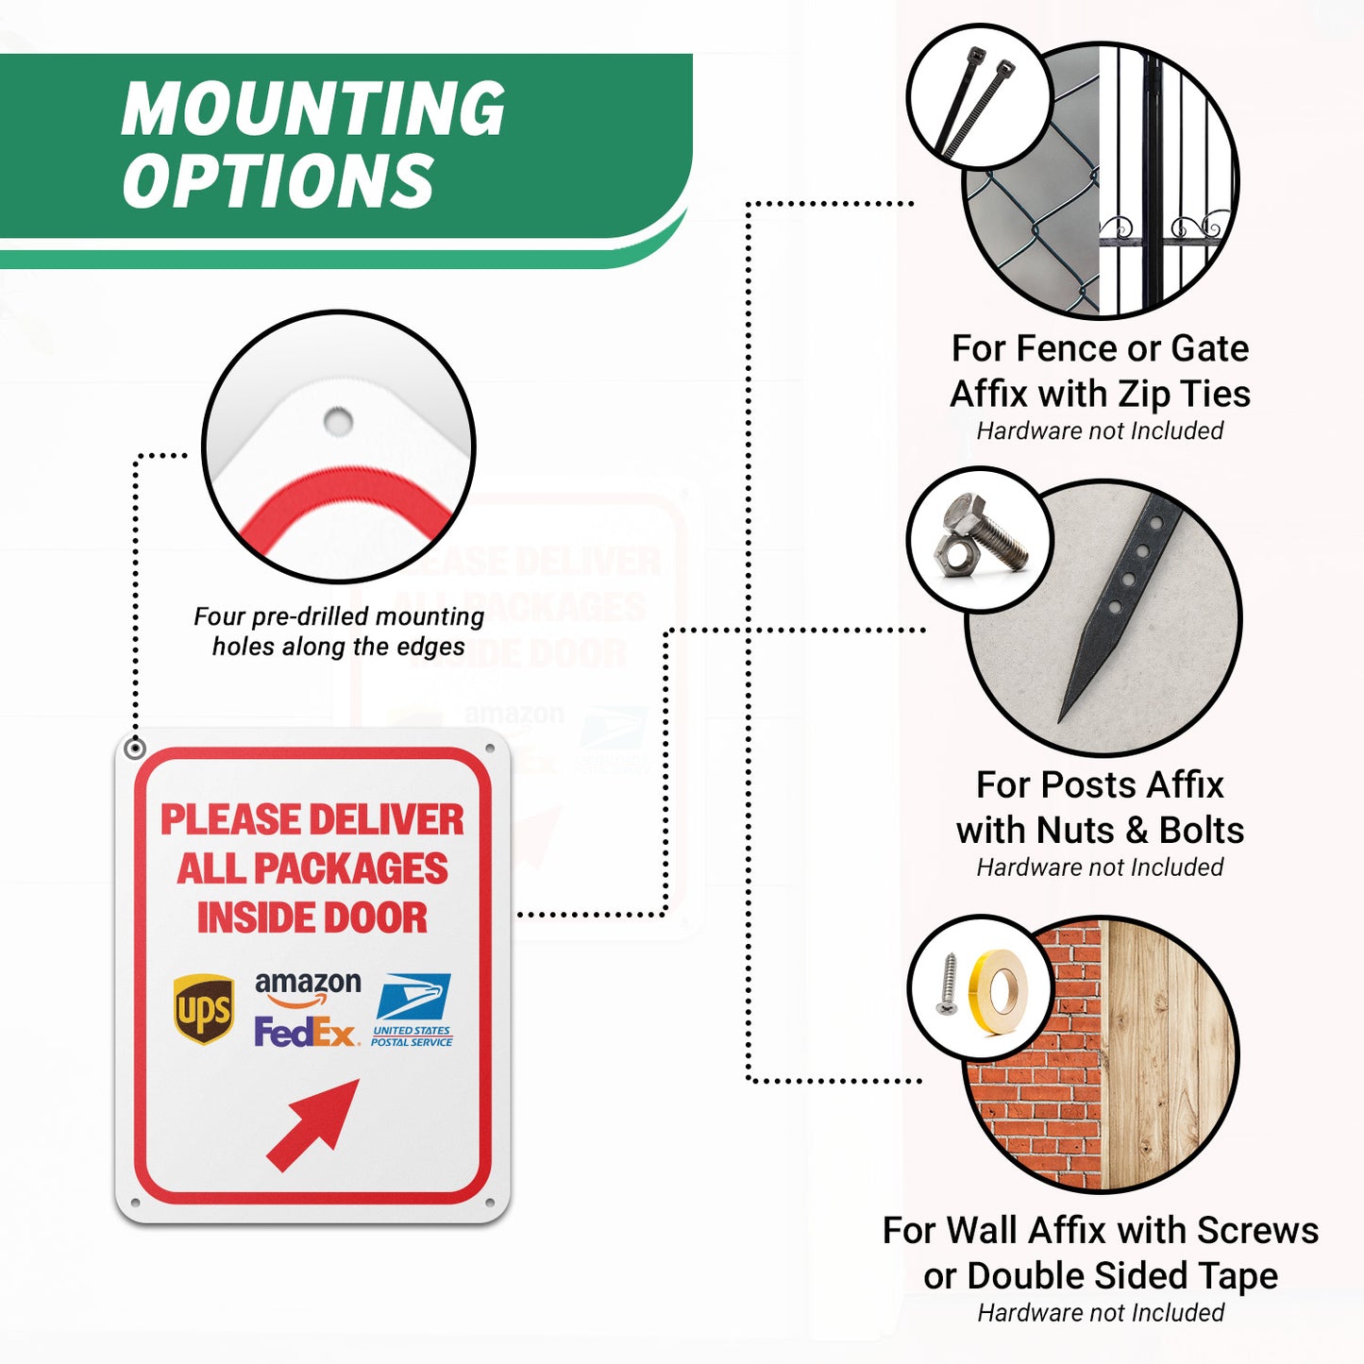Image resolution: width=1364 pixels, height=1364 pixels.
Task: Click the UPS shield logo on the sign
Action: click(x=204, y=1009)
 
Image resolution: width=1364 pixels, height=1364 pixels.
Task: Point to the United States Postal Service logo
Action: click(x=412, y=1010)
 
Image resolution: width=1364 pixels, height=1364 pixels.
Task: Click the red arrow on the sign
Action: click(x=312, y=1125)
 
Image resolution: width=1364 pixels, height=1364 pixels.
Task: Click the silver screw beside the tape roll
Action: click(x=947, y=983)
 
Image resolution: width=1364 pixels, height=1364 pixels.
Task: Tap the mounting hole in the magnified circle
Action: click(x=338, y=421)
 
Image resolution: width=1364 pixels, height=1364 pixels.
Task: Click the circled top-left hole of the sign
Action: click(x=135, y=749)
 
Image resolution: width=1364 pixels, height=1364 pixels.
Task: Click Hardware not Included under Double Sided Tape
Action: click(x=1101, y=1312)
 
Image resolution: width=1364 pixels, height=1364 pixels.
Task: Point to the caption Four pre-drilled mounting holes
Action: click(x=339, y=631)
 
